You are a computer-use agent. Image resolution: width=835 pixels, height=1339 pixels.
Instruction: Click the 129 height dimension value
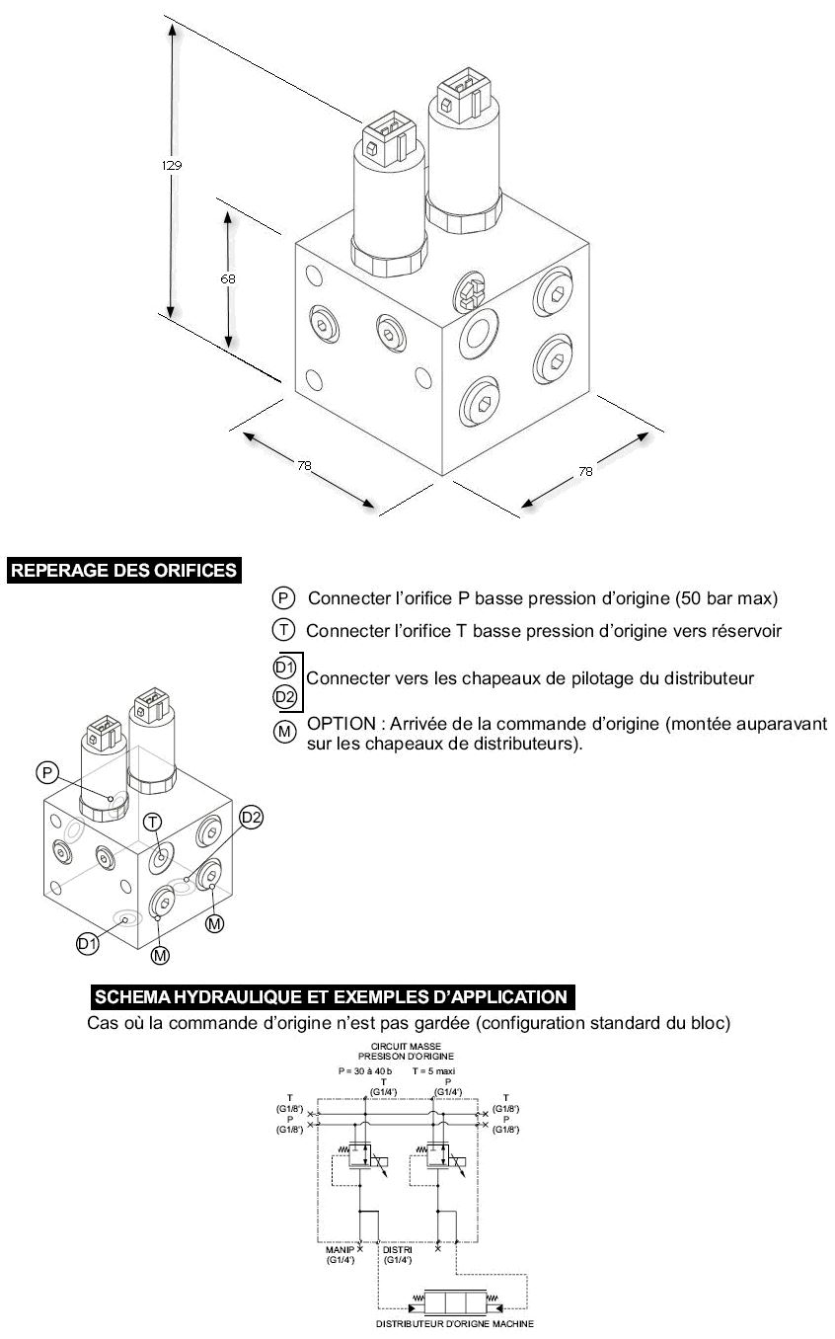point(172,165)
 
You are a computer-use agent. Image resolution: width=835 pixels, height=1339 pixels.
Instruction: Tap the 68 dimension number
point(228,278)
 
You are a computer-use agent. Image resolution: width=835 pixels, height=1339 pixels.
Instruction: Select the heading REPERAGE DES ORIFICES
point(123,571)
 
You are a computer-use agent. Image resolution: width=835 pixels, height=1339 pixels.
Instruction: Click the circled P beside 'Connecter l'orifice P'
point(283,598)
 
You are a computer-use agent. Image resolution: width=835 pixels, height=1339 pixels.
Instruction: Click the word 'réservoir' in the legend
point(746,631)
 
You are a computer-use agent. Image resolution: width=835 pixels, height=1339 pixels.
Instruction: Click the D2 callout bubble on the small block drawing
point(252,817)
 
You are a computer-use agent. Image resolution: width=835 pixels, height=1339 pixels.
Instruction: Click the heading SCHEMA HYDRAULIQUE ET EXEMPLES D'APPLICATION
point(330,996)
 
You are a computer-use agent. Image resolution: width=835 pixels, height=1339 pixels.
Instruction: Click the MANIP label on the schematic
point(340,1249)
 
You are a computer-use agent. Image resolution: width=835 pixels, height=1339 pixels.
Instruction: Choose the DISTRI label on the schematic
point(398,1249)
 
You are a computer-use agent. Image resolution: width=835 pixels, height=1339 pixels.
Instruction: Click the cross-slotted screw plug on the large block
point(471,291)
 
